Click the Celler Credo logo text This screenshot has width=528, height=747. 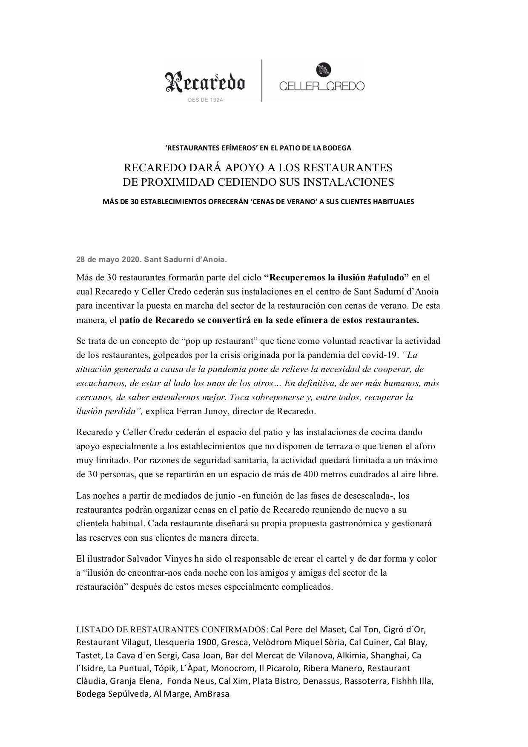[321, 86]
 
